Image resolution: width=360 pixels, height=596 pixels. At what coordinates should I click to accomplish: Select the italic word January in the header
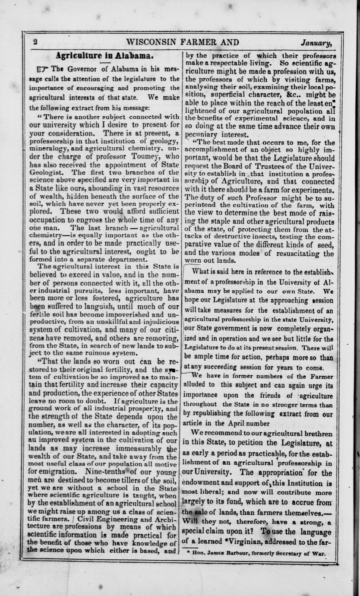click(x=316, y=43)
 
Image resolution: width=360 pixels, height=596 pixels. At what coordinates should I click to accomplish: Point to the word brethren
click(x=314, y=433)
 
